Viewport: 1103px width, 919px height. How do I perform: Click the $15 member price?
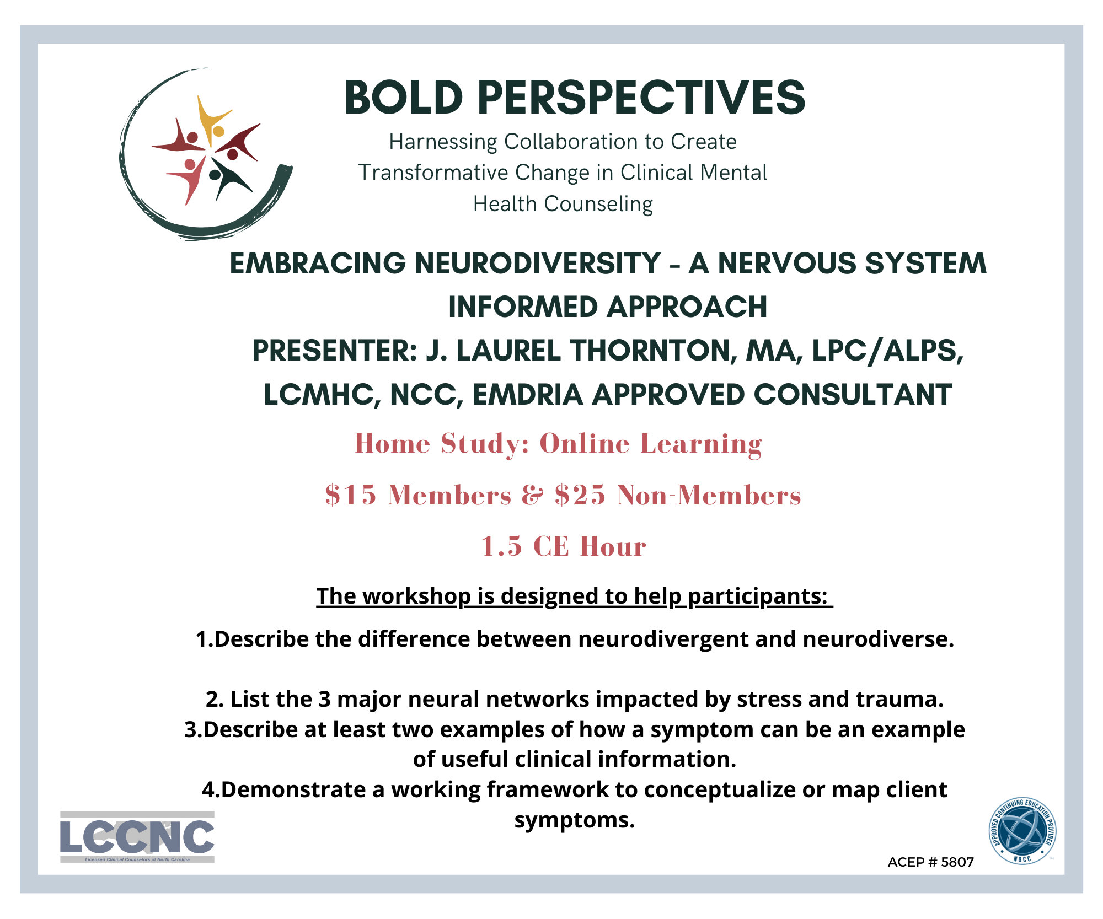351,495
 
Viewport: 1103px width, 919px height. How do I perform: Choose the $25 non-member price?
580,495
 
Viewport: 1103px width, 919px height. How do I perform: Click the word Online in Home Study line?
584,444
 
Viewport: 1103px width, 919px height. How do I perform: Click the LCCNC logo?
137,837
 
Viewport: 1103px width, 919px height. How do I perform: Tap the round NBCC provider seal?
1022,831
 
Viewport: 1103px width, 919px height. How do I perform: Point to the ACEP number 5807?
957,862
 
